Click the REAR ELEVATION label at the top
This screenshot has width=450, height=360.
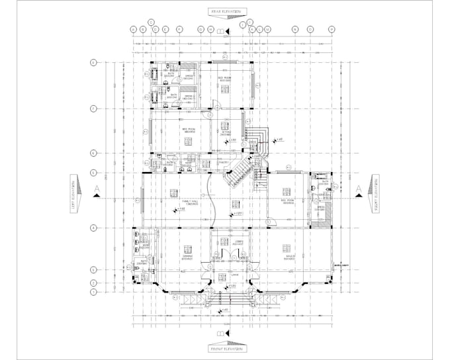[x=226, y=12]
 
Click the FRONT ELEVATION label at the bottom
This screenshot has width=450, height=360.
[x=226, y=347]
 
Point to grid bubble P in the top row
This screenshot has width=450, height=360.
[x=332, y=29]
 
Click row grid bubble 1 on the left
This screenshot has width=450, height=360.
[x=94, y=291]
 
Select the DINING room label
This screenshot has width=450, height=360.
[x=187, y=257]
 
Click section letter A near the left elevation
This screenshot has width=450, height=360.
[x=97, y=190]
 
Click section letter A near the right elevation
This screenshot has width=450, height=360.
[x=358, y=190]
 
